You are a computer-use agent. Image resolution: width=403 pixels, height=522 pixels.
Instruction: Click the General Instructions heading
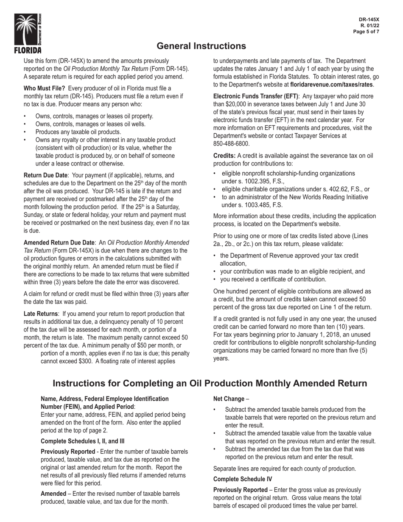point(201,46)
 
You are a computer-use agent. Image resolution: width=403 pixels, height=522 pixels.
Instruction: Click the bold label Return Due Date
point(45,175)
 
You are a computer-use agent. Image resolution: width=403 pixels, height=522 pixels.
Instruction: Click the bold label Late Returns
point(40,314)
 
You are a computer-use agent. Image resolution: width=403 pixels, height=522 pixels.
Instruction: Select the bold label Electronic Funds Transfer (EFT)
point(256,96)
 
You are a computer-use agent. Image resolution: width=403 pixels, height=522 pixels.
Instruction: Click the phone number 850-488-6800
point(231,144)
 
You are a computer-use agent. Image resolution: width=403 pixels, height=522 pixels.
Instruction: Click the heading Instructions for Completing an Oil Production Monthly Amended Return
point(210,383)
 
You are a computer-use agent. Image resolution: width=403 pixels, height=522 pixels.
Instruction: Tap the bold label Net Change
point(229,399)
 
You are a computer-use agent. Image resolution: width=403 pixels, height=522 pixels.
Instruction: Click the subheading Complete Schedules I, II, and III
point(82,441)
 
